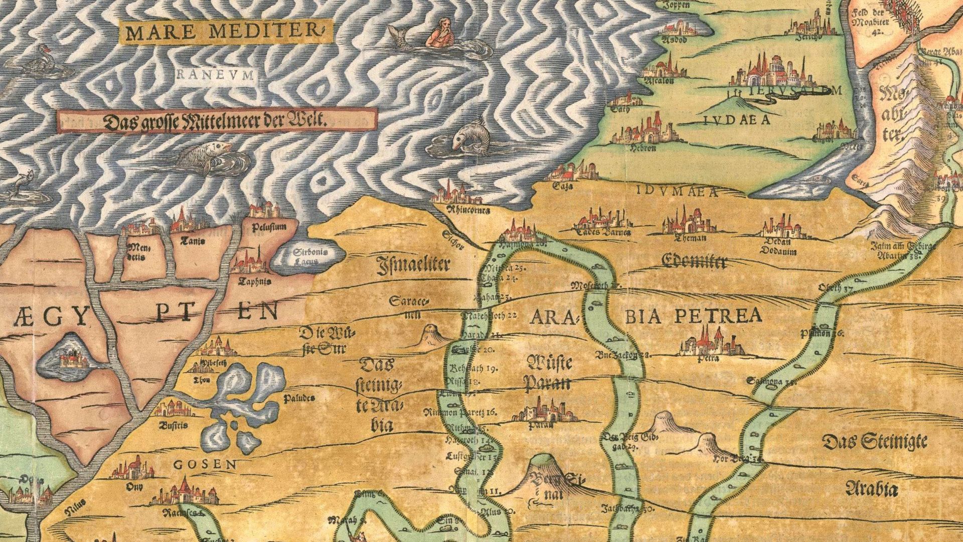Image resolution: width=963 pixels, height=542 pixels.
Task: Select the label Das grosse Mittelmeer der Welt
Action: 216,120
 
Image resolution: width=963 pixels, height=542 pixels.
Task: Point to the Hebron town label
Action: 643,149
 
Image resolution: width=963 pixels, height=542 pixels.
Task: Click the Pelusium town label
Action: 270,227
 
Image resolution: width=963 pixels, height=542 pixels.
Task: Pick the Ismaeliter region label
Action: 413,265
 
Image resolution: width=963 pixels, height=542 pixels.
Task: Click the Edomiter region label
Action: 693,261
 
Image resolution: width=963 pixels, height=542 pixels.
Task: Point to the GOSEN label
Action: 205,465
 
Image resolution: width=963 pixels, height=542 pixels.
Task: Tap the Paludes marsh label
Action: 299,398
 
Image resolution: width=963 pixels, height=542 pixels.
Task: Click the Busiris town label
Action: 173,425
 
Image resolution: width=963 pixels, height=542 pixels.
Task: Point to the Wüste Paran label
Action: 547,372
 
